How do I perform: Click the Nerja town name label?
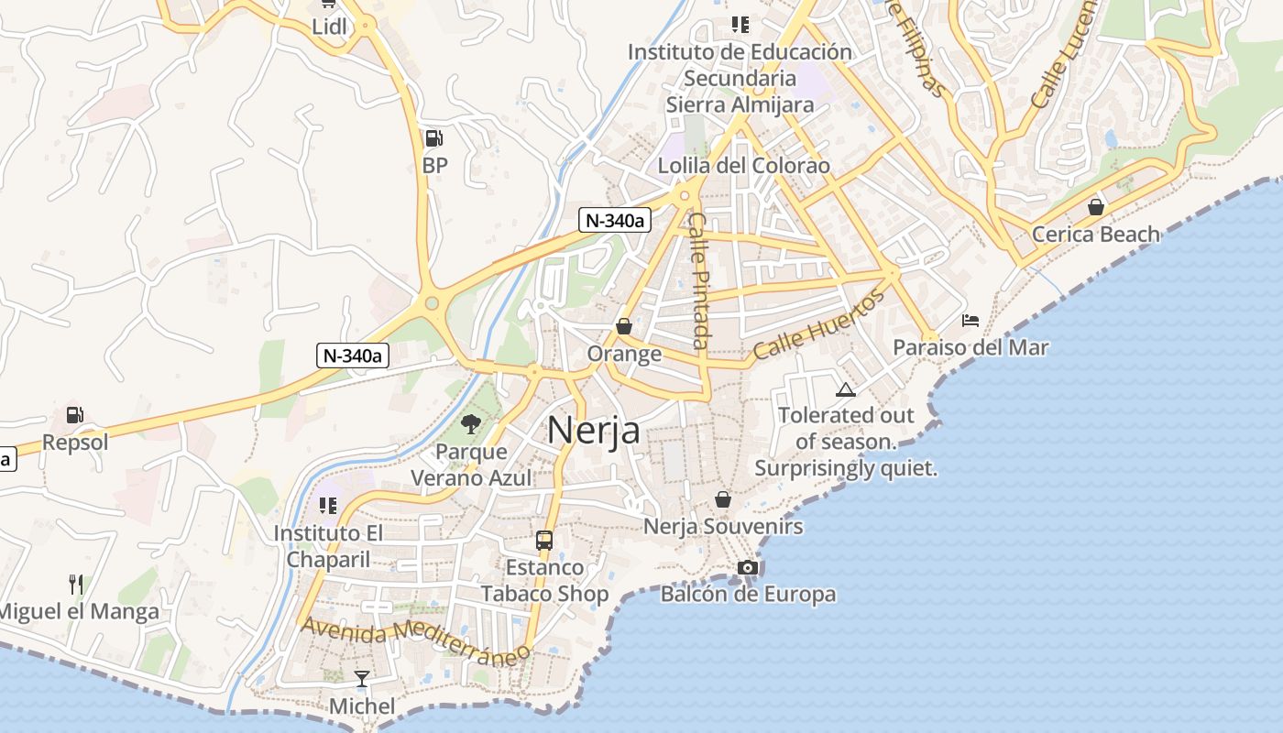coord(593,430)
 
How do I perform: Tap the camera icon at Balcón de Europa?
coord(748,568)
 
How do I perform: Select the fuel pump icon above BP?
coord(433,138)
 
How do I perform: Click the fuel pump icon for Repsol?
coord(75,415)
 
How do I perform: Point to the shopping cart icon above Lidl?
coord(329,5)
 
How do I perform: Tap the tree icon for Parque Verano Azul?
coord(471,423)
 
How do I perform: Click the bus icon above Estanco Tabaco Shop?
coord(544,540)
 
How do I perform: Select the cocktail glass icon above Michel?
coord(362,679)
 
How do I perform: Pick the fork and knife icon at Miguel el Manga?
coord(77,584)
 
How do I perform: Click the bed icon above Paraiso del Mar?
coord(970,321)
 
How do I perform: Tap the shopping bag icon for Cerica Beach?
coord(1095,207)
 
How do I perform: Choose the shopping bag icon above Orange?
coord(624,326)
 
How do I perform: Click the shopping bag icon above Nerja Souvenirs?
coord(723,499)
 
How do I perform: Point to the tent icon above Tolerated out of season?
coord(846,388)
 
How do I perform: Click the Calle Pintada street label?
coord(699,280)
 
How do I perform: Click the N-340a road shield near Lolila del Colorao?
coord(614,220)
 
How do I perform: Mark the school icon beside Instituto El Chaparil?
coord(327,505)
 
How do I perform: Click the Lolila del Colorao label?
coord(744,166)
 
